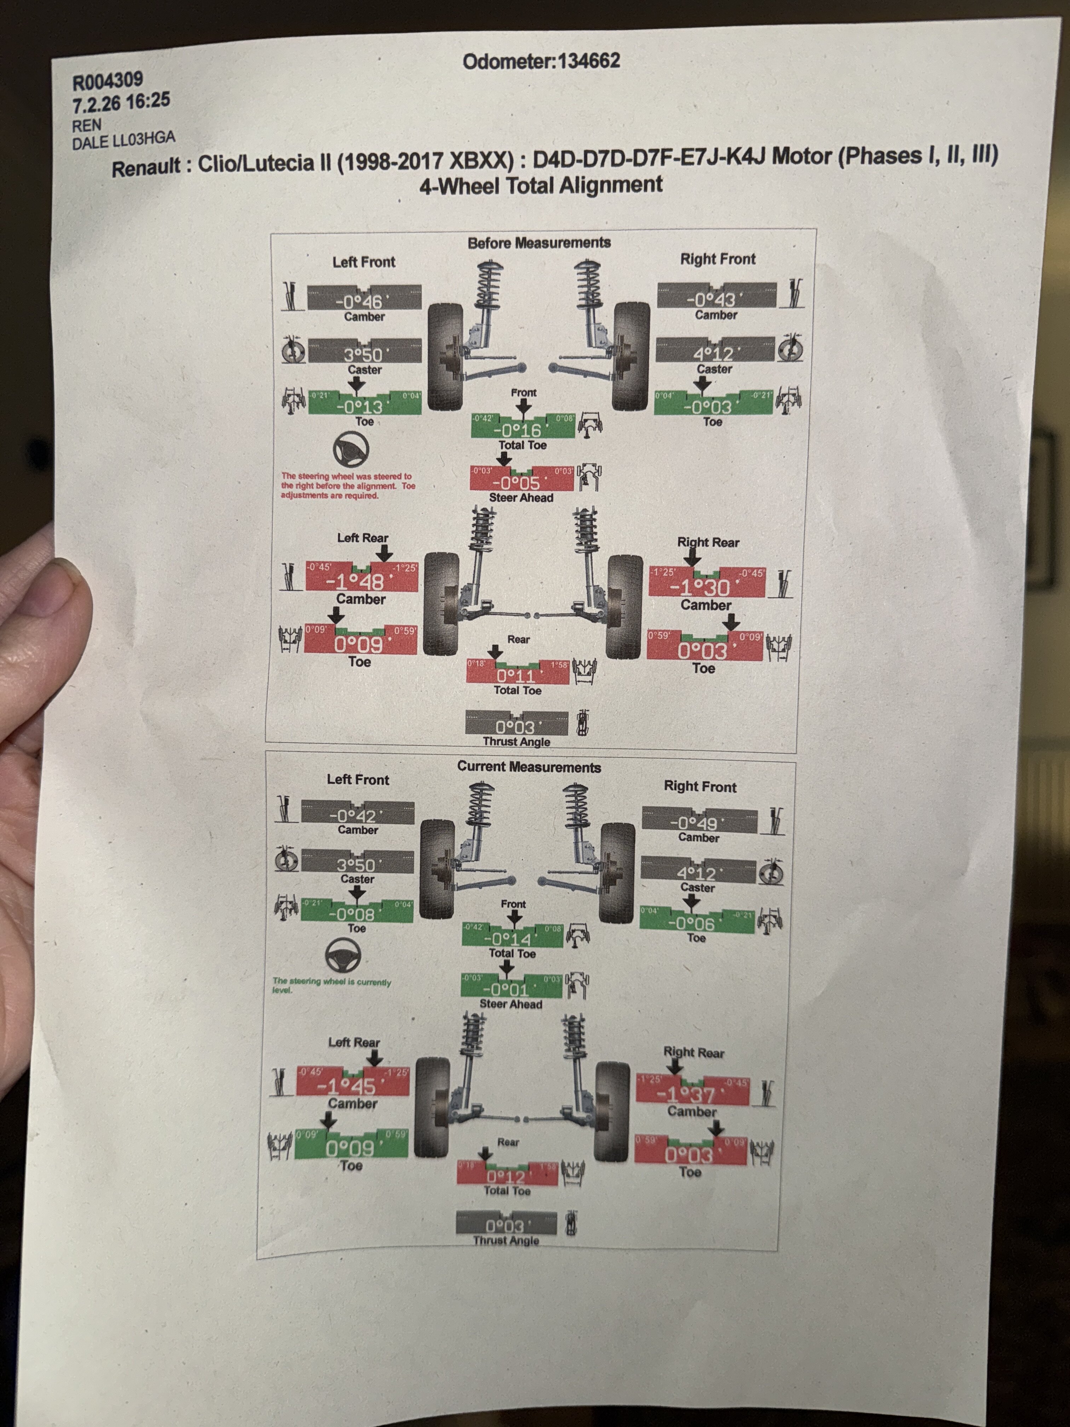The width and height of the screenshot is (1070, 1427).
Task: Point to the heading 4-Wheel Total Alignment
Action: pyautogui.click(x=540, y=185)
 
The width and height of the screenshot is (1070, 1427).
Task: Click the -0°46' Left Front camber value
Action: pyautogui.click(x=363, y=300)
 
